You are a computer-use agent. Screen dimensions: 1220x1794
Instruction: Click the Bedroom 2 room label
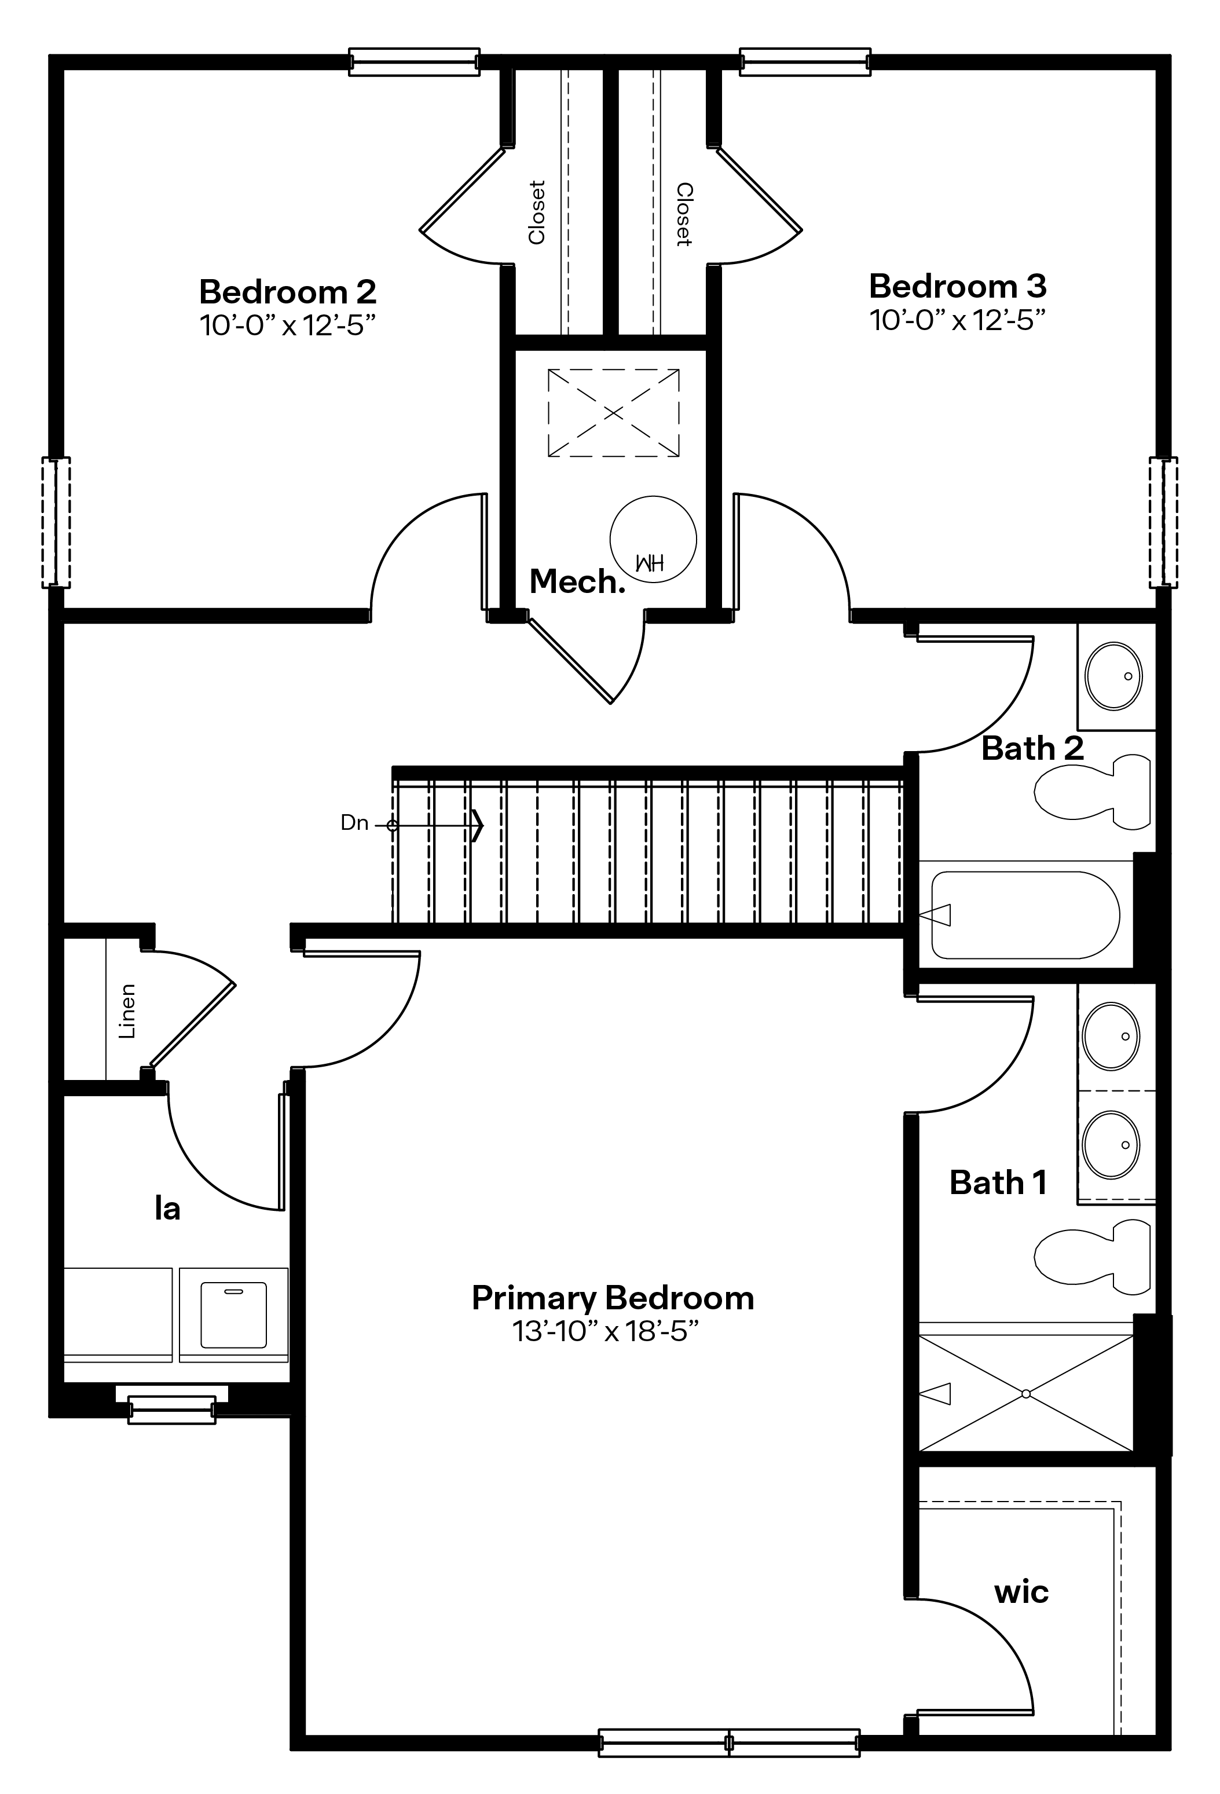click(288, 292)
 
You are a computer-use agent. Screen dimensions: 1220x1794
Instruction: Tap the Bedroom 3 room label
click(958, 287)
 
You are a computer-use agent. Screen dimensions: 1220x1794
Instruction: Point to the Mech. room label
click(577, 581)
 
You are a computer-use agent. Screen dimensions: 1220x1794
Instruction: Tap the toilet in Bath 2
click(1092, 792)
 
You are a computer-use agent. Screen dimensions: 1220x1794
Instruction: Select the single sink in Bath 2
click(1113, 675)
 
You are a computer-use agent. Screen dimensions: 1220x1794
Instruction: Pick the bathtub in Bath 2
click(1025, 915)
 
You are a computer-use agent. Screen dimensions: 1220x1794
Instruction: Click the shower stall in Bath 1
click(1025, 1393)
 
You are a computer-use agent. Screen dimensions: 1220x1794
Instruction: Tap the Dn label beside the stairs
click(354, 823)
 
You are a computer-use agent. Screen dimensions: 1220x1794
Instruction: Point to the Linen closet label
click(127, 1011)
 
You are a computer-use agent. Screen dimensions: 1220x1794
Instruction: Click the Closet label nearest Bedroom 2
click(537, 213)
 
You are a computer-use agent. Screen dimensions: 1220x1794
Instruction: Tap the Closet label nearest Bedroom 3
click(684, 215)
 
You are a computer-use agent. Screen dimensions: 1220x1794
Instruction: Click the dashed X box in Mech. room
click(613, 413)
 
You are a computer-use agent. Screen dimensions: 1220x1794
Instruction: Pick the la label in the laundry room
click(167, 1208)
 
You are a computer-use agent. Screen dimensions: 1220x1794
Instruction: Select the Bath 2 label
click(1032, 749)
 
